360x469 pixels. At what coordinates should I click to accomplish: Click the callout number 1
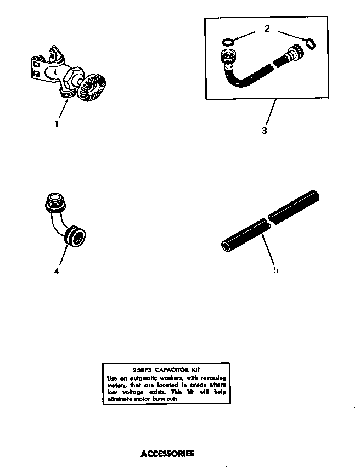click(x=56, y=125)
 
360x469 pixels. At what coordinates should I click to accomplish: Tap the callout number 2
click(x=267, y=29)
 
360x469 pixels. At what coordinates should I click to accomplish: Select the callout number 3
click(x=265, y=131)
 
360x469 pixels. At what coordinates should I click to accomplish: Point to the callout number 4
click(x=57, y=270)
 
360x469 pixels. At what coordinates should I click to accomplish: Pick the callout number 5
click(x=275, y=270)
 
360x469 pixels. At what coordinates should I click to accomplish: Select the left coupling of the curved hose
click(x=228, y=56)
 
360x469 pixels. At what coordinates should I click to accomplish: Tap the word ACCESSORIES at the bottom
click(x=167, y=454)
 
